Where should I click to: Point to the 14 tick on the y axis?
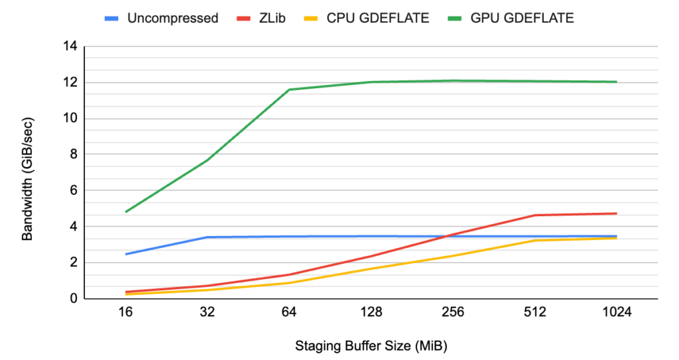pyautogui.click(x=70, y=46)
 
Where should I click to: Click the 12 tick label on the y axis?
pyautogui.click(x=70, y=83)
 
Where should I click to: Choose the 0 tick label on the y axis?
pyautogui.click(x=73, y=299)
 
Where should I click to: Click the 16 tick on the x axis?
pyautogui.click(x=126, y=312)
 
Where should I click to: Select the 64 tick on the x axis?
pyautogui.click(x=289, y=312)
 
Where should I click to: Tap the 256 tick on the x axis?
pyautogui.click(x=454, y=312)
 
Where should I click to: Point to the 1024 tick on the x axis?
pyautogui.click(x=617, y=312)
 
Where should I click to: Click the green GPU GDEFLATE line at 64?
pyautogui.click(x=289, y=90)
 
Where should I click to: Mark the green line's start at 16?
pyautogui.click(x=126, y=211)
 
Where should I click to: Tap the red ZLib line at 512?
pyautogui.click(x=535, y=215)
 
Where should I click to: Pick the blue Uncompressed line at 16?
pyautogui.click(x=126, y=254)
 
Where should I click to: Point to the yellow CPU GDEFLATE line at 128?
pyautogui.click(x=371, y=269)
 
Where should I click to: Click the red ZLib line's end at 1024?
pyautogui.click(x=617, y=213)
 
